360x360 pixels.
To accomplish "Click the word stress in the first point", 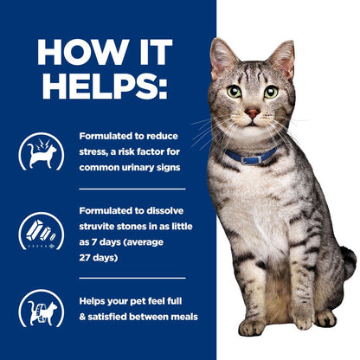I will tap(94, 149).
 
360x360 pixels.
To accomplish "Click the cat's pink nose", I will tap(251, 113).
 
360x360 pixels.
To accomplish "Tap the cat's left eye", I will tap(235, 91).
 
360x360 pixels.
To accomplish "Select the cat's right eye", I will tap(271, 92).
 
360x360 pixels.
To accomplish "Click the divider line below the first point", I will tap(132, 188).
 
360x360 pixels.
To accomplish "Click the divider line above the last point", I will tap(132, 278).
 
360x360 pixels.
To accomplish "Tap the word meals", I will tap(182, 318).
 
